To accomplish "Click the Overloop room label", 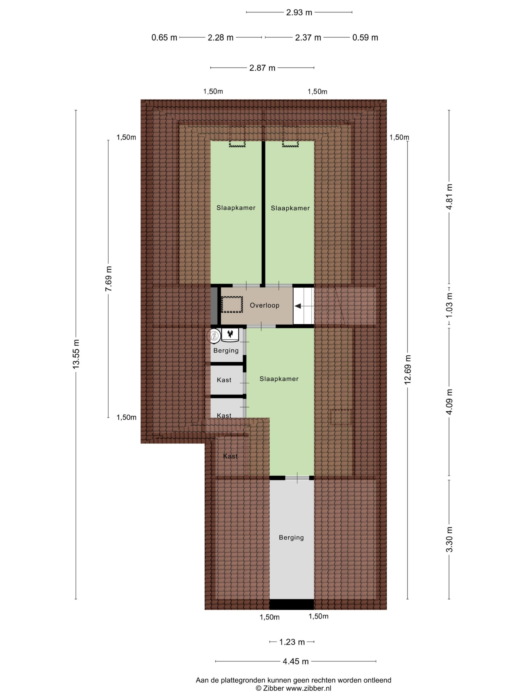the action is (264, 305).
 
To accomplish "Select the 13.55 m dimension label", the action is (76, 354).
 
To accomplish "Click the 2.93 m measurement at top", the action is (299, 12).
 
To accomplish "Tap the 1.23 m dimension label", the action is (292, 642).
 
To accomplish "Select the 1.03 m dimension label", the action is (449, 305).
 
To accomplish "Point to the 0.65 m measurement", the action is (164, 37).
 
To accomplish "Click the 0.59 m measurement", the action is (365, 37).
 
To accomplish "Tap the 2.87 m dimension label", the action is (262, 68).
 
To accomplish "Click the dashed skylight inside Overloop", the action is (232, 305).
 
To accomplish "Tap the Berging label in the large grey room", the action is (291, 537).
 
